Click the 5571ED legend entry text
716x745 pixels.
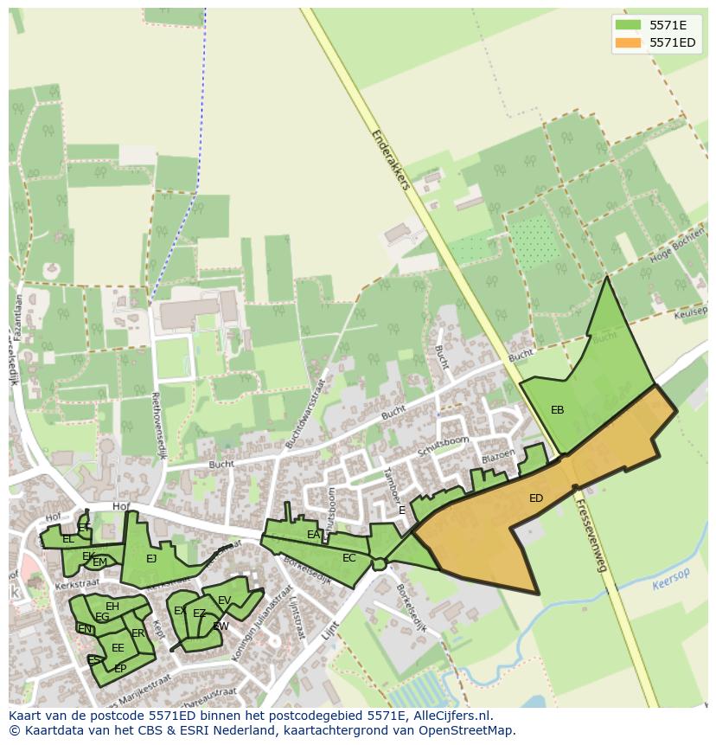point(673,42)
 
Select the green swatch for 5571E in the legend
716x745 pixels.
point(628,25)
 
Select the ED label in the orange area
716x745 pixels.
point(536,498)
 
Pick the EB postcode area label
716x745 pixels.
point(557,410)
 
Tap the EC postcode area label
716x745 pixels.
point(348,558)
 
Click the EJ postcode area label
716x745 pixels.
point(151,559)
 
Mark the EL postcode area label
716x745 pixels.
point(67,539)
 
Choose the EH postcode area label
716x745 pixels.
point(112,607)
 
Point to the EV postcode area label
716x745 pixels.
point(224,600)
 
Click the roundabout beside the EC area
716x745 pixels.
point(379,564)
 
